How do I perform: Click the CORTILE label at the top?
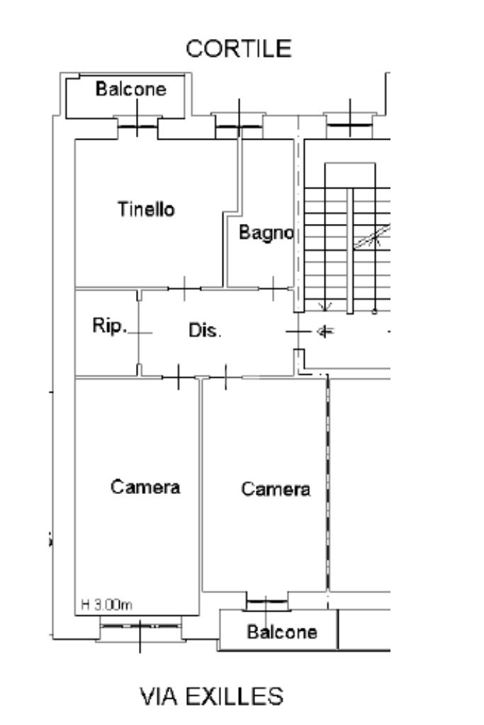(x=238, y=49)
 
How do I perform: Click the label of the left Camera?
(x=145, y=488)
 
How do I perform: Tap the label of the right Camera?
(x=276, y=489)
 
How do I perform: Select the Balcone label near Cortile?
(x=131, y=90)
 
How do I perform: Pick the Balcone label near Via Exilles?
(x=281, y=631)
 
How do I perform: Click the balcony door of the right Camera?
(x=267, y=603)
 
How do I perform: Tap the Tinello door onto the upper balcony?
(x=136, y=126)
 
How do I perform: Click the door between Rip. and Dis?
(x=139, y=331)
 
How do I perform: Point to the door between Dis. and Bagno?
(x=274, y=288)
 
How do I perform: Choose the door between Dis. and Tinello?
(x=184, y=288)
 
